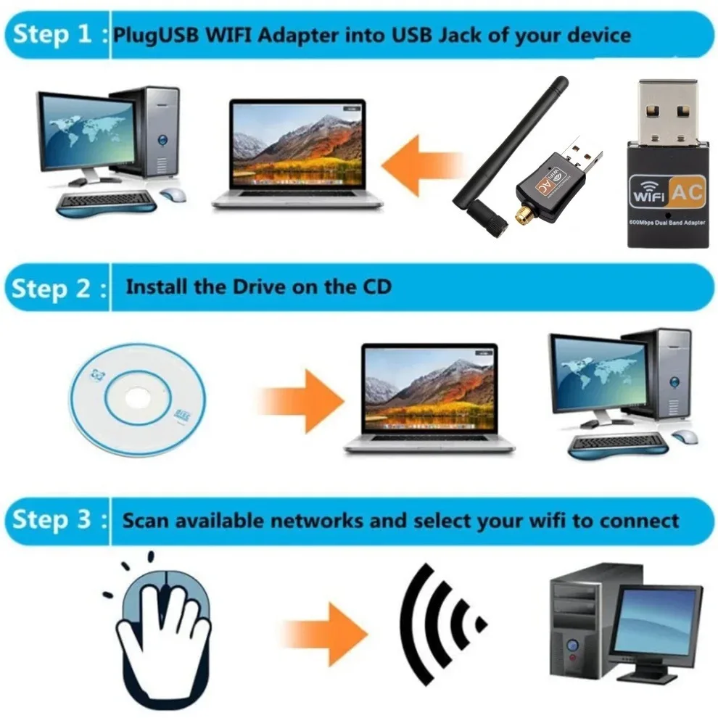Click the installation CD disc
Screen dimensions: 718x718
click(x=137, y=401)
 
